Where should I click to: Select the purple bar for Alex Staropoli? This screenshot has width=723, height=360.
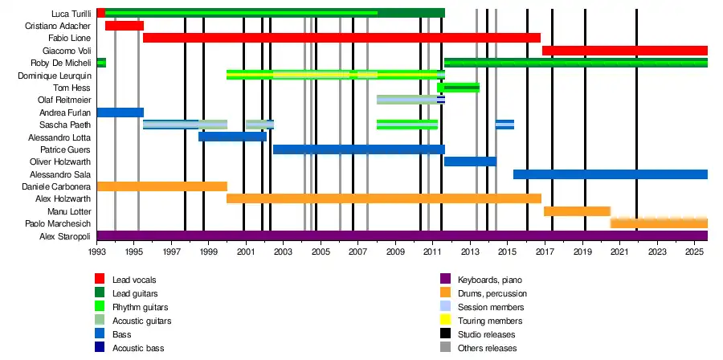[x=402, y=235]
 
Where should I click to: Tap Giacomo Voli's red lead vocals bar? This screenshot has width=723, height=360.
[x=624, y=51]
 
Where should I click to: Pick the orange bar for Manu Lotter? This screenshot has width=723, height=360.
[x=577, y=211]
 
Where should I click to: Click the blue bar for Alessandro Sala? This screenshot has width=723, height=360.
[x=610, y=174]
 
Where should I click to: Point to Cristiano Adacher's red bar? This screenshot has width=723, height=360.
[x=125, y=26]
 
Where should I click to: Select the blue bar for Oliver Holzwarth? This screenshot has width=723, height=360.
[x=470, y=162]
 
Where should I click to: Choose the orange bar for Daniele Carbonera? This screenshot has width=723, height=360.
[x=161, y=186]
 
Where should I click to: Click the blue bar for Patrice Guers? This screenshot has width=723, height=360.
[x=358, y=149]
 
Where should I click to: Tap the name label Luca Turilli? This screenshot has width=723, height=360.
[x=70, y=14]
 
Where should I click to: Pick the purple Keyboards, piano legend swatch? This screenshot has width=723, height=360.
[x=445, y=280]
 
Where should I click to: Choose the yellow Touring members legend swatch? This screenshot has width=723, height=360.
[x=445, y=321]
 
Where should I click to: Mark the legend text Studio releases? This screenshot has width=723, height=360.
[x=486, y=334]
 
